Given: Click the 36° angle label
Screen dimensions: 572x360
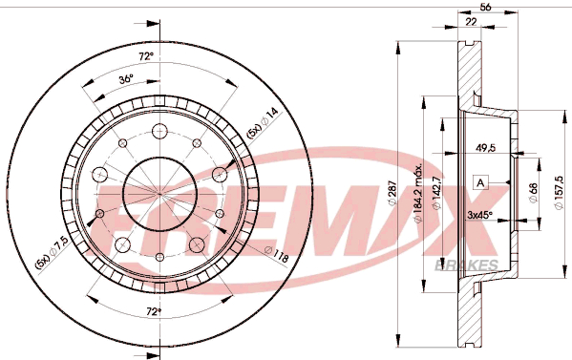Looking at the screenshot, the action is pyautogui.click(x=126, y=79).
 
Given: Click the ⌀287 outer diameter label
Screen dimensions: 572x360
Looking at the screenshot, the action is pyautogui.click(x=392, y=193).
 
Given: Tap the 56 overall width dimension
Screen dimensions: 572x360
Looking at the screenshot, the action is pyautogui.click(x=485, y=7).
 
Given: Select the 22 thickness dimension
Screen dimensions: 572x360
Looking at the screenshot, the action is pyautogui.click(x=472, y=22).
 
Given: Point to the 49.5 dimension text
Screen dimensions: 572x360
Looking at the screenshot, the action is pyautogui.click(x=485, y=148).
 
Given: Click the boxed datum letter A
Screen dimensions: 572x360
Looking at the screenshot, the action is pyautogui.click(x=480, y=182).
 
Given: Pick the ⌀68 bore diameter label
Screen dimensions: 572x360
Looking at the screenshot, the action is pyautogui.click(x=533, y=193).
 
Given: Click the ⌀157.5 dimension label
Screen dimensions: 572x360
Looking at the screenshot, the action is pyautogui.click(x=559, y=192).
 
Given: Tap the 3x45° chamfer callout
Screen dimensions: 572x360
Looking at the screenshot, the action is pyautogui.click(x=479, y=215).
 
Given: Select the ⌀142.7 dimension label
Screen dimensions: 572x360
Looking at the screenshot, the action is pyautogui.click(x=436, y=193).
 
